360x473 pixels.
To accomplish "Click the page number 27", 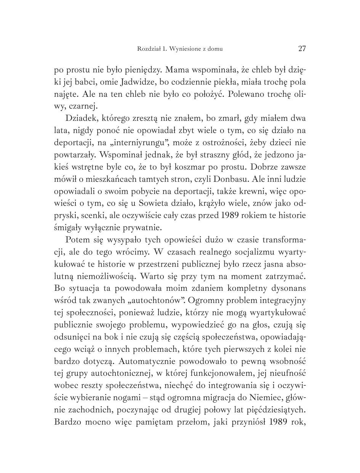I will click(302, 48).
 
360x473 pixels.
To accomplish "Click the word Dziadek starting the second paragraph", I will click(81, 118).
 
